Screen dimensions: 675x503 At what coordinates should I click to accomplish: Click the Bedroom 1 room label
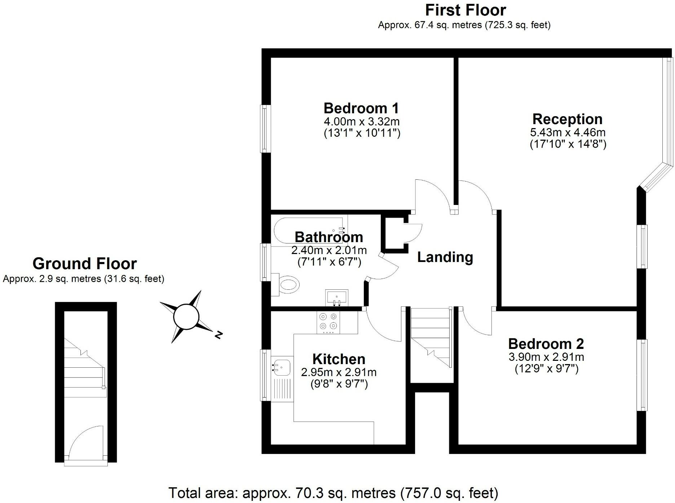(361, 108)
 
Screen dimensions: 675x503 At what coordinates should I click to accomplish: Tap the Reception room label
(567, 119)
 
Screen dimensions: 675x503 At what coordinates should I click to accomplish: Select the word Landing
(445, 257)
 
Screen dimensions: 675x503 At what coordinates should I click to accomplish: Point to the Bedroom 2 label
(546, 344)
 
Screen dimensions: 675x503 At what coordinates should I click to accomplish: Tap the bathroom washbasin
(336, 297)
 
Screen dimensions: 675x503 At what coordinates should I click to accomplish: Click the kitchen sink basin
(282, 367)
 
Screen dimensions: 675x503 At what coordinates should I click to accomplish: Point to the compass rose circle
(186, 317)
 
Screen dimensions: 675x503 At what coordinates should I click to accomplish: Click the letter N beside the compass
(218, 335)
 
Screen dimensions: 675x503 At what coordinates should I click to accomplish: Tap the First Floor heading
(466, 10)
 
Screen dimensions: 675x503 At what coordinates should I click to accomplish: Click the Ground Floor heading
(84, 264)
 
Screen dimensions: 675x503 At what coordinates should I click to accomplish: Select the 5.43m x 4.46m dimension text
(568, 132)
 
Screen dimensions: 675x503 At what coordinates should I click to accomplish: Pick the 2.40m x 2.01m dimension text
(329, 250)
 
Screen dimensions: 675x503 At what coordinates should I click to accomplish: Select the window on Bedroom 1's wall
(265, 128)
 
